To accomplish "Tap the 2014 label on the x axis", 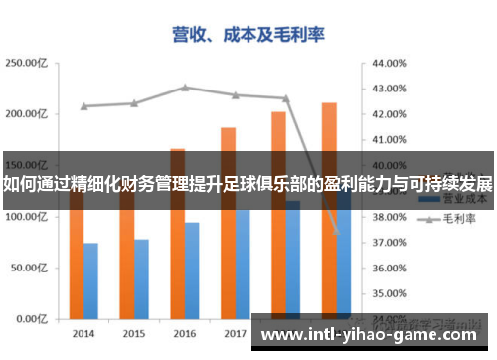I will click(x=83, y=333).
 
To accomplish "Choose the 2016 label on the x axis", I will click(x=185, y=333).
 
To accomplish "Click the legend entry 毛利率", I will click(x=456, y=217).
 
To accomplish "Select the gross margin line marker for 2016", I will click(x=185, y=88).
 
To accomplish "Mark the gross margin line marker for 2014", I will click(x=83, y=106).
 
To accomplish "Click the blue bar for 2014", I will click(x=90, y=281).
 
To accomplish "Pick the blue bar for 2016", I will click(x=192, y=270).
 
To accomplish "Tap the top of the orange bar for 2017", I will click(x=228, y=129).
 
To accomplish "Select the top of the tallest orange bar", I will click(x=329, y=104).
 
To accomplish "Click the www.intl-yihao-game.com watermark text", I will click(x=374, y=334).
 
